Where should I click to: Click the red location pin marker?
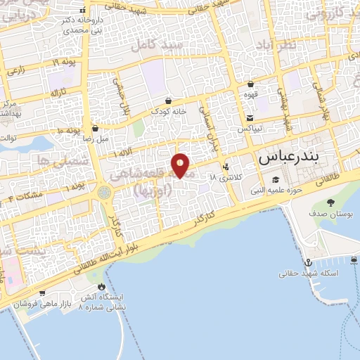[181, 165]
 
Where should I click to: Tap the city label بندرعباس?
[288, 158]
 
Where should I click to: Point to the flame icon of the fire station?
[102, 287]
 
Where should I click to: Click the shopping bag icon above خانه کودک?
[169, 101]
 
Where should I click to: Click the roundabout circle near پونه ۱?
[105, 191]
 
